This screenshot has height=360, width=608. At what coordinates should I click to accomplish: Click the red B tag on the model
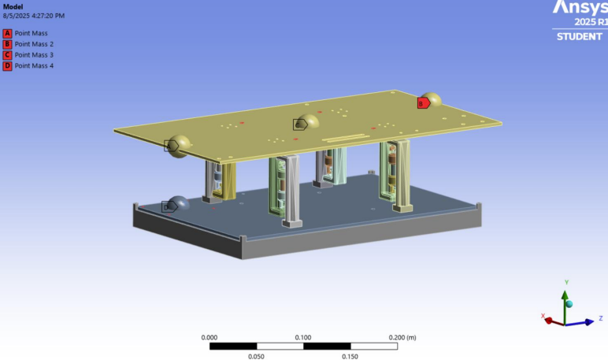(x=424, y=103)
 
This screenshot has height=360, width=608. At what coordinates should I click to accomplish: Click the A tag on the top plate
(x=171, y=146)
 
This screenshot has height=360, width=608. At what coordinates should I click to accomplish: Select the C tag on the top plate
(x=300, y=124)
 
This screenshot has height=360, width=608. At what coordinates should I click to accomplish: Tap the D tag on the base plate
(x=169, y=206)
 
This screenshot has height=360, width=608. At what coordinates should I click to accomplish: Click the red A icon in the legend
(x=7, y=33)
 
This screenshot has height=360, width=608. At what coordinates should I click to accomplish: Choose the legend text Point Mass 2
(x=34, y=44)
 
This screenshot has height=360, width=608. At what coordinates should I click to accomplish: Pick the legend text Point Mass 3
(x=34, y=55)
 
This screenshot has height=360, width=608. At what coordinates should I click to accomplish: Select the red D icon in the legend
(x=7, y=66)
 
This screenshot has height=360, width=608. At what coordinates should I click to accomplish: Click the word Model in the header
(x=13, y=7)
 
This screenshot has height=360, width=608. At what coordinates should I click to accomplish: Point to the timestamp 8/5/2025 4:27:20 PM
(x=34, y=16)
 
